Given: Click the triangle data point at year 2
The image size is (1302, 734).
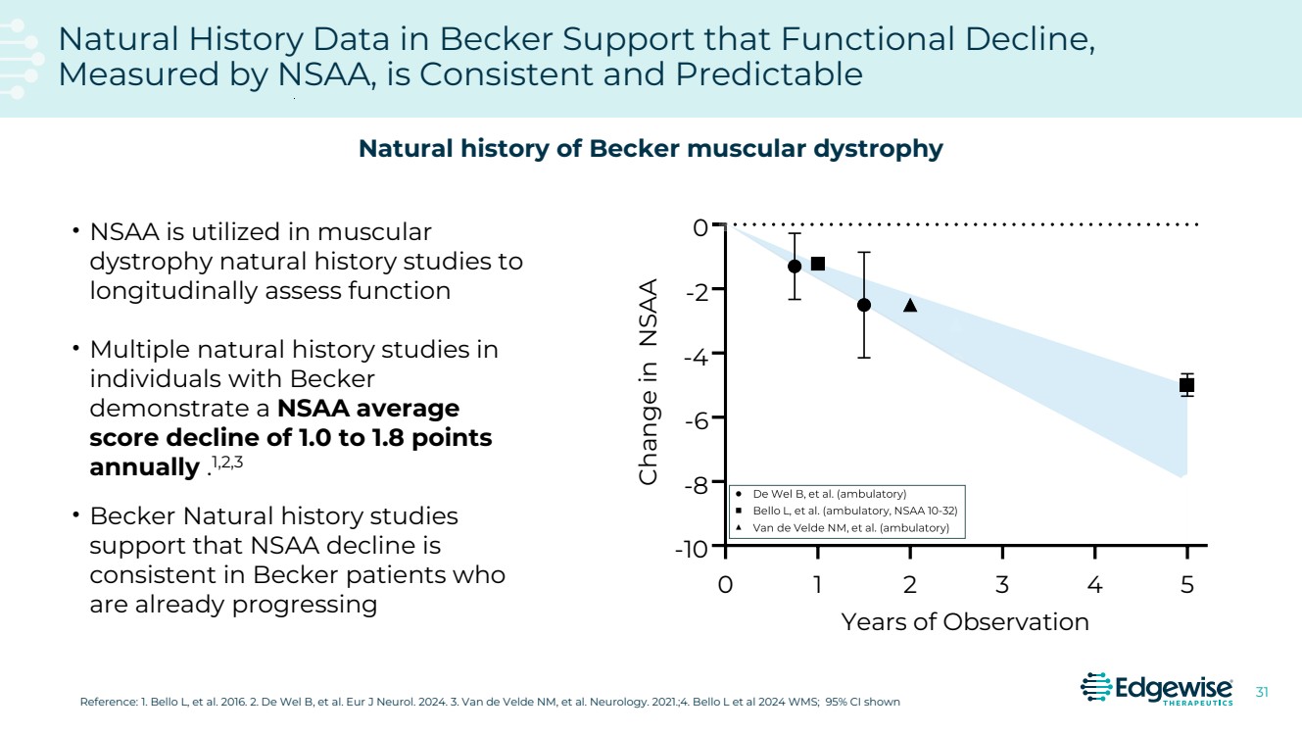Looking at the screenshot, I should (x=910, y=305).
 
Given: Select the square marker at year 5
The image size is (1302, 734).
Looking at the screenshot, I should (x=1186, y=385).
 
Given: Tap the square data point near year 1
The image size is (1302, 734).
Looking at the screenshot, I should (x=818, y=264).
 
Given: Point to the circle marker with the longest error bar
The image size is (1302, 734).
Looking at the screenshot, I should (x=864, y=305).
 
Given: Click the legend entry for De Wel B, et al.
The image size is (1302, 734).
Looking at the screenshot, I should (x=828, y=494).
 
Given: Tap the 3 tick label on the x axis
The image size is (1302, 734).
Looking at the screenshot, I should (x=1002, y=585).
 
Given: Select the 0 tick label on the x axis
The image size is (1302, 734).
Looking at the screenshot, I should (x=726, y=585).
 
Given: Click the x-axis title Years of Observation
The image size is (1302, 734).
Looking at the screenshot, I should (x=965, y=622).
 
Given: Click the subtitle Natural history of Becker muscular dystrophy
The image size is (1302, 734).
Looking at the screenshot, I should (x=651, y=149).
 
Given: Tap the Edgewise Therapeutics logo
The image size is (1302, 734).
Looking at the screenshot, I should (x=1156, y=689).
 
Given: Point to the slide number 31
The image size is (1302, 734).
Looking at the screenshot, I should (x=1262, y=693).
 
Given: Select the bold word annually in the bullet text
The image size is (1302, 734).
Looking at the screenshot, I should (x=143, y=467).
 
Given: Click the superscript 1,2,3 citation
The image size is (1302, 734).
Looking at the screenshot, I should (x=227, y=463).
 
